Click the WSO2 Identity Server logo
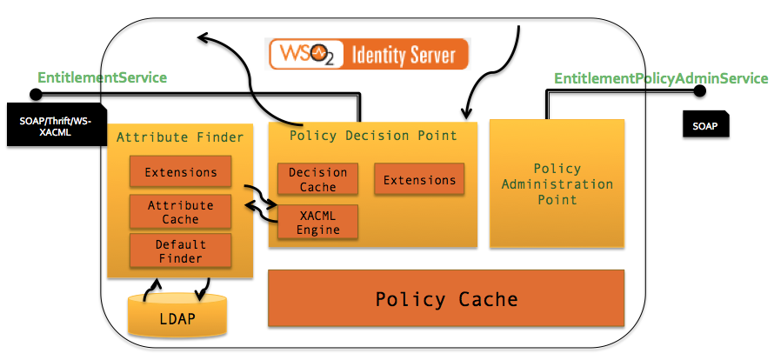point(368,54)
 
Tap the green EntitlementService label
point(101,77)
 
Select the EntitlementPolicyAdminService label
point(661,78)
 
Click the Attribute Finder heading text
point(180,137)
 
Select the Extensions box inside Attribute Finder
point(181,171)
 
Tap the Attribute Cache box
point(181,212)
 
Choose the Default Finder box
point(181,251)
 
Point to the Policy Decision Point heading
point(373,135)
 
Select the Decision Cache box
point(317,179)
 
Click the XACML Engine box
point(317,221)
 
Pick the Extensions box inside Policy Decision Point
point(419,180)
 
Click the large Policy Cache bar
point(446,299)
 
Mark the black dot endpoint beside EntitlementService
point(36,94)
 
